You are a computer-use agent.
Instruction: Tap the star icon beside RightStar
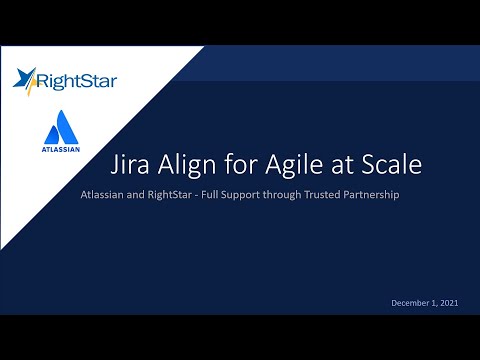point(27,76)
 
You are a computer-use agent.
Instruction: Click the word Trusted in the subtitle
point(320,194)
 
